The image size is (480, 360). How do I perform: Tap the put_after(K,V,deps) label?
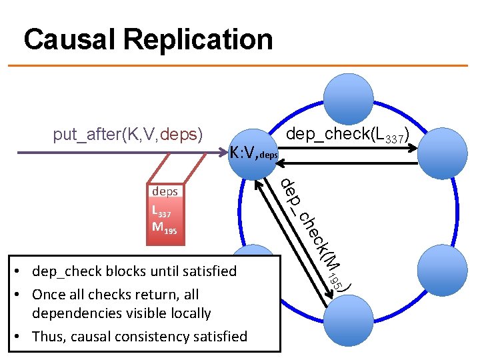127,135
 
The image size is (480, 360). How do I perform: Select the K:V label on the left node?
244,155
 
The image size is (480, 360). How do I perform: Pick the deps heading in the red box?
165,191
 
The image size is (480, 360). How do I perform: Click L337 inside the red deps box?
162,212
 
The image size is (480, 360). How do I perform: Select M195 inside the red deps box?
164,229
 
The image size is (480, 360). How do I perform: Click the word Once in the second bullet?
51,294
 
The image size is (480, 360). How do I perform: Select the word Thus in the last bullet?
49,336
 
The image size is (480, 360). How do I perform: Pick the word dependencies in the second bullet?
73,313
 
